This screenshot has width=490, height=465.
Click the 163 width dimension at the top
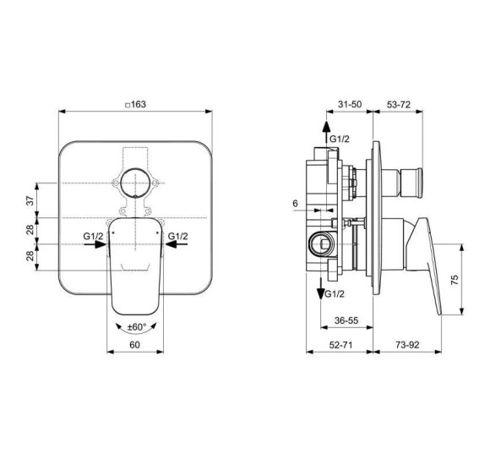tap(136, 103)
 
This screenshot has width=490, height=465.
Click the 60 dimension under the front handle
tap(133, 345)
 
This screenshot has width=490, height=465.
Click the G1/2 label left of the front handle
tap(94, 236)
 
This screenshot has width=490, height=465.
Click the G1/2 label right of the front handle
tap(177, 236)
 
